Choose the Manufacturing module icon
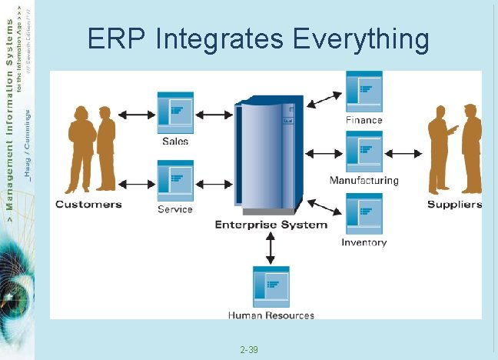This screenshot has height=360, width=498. [364, 152]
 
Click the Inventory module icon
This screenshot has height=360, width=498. [364, 213]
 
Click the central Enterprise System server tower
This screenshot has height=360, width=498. [266, 158]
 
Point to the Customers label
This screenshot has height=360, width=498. [88, 204]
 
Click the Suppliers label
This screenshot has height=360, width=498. [454, 204]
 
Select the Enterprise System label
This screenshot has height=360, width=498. [271, 225]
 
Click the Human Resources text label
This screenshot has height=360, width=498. [271, 315]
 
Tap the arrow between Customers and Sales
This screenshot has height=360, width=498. [138, 115]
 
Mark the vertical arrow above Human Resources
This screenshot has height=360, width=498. [271, 248]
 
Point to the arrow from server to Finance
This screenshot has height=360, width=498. [329, 98]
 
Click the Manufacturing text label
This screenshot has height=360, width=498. [364, 180]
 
